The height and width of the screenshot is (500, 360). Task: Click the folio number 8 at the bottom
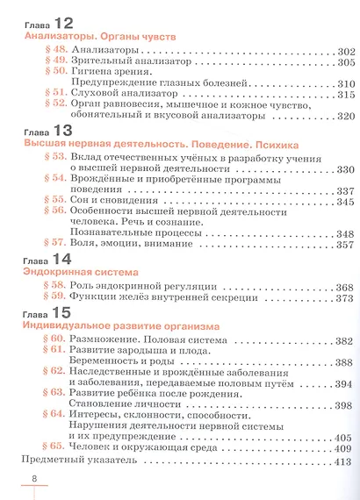(x=33, y=479)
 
